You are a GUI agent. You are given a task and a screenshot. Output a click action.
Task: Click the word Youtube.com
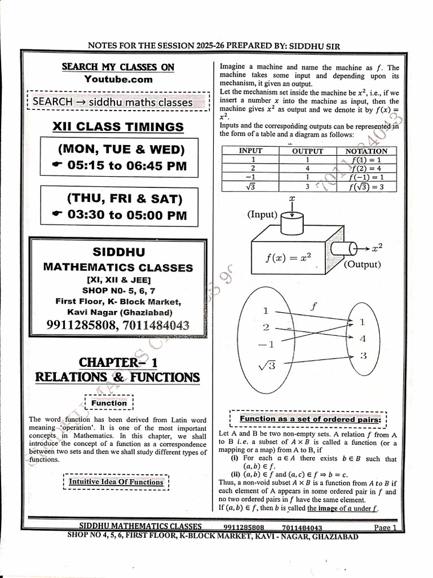tap(118, 80)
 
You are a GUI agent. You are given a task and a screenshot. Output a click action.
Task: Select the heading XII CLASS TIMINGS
tap(118, 126)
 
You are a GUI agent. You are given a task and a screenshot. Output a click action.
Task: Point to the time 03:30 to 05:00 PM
tap(119, 215)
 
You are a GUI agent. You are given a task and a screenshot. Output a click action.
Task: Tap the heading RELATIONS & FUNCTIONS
tap(117, 376)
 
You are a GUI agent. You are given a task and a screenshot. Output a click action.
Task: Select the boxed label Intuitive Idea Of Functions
tap(116, 481)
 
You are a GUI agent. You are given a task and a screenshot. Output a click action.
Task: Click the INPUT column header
tap(250, 151)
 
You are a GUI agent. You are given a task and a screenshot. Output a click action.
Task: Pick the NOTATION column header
tap(366, 151)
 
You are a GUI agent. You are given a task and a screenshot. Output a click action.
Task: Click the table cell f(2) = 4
tap(366, 168)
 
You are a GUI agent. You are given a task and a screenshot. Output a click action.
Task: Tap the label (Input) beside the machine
tap(262, 214)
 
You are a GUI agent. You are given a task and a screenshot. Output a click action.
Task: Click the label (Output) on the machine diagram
tap(362, 264)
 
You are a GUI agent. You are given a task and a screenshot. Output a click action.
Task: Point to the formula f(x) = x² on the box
tap(288, 257)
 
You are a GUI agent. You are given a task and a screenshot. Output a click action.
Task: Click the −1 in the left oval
tap(266, 344)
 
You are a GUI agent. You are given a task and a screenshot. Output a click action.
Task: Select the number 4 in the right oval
tap(363, 339)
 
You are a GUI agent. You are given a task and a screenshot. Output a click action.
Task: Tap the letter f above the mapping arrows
tap(314, 306)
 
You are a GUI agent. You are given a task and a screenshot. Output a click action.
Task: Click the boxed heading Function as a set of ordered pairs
tap(310, 419)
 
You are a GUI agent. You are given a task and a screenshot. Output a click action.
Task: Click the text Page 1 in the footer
tap(386, 528)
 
